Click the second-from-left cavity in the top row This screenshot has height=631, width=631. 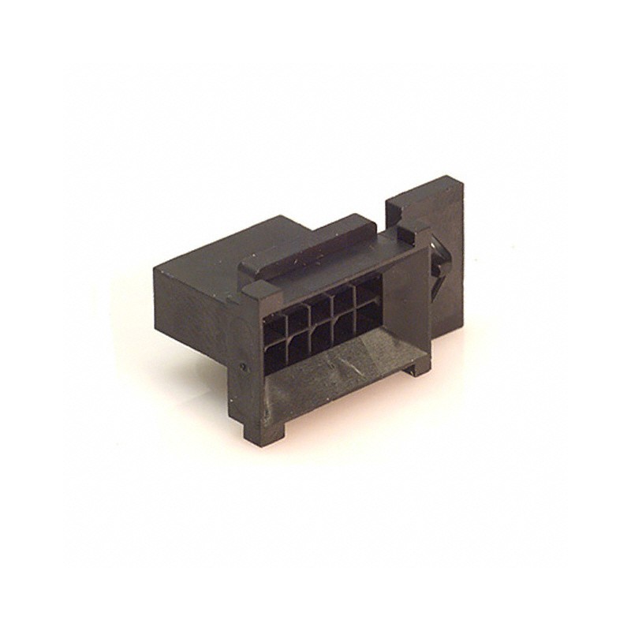point(298,316)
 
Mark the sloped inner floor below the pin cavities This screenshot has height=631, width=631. point(331,379)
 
